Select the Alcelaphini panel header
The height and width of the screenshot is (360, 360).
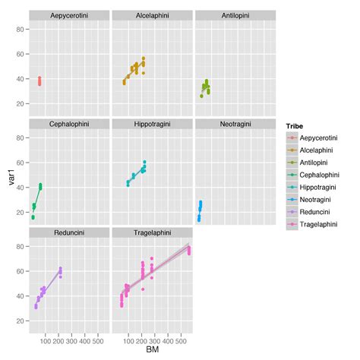click(x=152, y=16)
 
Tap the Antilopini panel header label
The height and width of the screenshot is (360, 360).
click(x=234, y=16)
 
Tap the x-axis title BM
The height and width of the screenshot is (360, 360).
click(x=152, y=352)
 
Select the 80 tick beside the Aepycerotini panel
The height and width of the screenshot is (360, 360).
click(x=22, y=29)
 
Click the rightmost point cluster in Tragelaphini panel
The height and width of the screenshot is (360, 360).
click(x=189, y=250)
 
